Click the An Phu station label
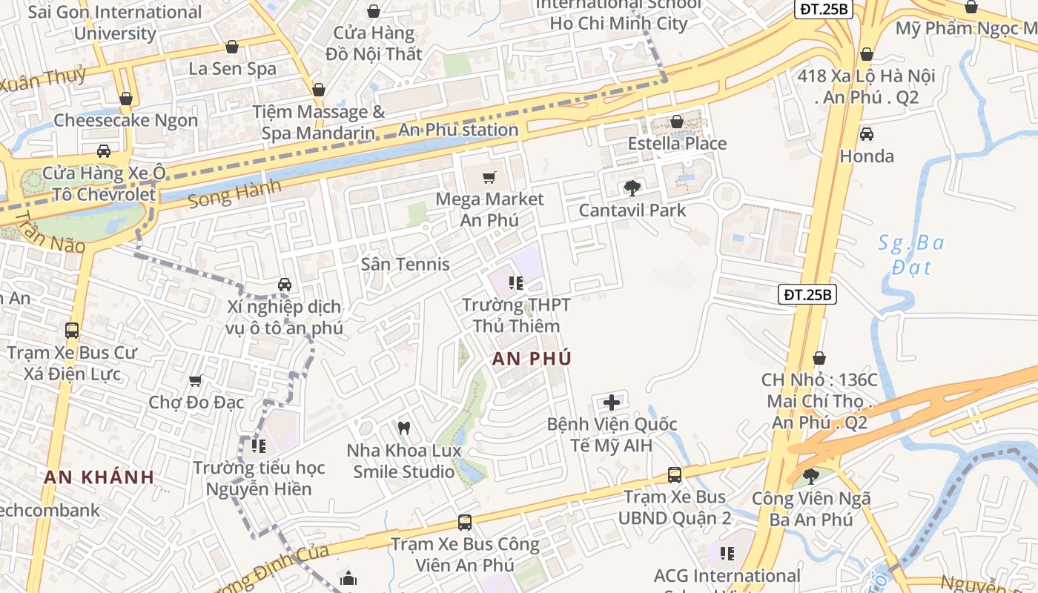pyautogui.click(x=458, y=130)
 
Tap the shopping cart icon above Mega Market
pyautogui.click(x=489, y=178)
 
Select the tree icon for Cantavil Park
pyautogui.click(x=632, y=188)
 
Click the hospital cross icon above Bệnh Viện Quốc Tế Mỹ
pyautogui.click(x=612, y=402)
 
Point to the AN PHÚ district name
pyautogui.click(x=532, y=359)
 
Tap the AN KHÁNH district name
pyautogui.click(x=99, y=477)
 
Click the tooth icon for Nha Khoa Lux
pyautogui.click(x=404, y=428)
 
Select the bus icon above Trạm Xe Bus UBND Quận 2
pyautogui.click(x=674, y=475)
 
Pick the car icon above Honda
pyautogui.click(x=866, y=134)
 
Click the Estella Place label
pyautogui.click(x=677, y=143)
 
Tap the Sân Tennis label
pyautogui.click(x=405, y=264)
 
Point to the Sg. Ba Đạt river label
pyautogui.click(x=911, y=254)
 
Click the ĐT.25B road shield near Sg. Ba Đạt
pyautogui.click(x=807, y=294)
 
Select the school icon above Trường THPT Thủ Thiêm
pyautogui.click(x=516, y=283)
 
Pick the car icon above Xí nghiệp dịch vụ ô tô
pyautogui.click(x=284, y=285)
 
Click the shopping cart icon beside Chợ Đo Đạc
pyautogui.click(x=195, y=381)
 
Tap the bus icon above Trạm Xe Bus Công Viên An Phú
pyautogui.click(x=464, y=523)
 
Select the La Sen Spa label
pyautogui.click(x=232, y=69)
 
